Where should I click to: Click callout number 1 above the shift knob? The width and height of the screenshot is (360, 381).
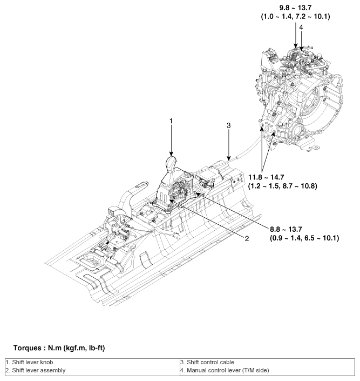coord(171,121)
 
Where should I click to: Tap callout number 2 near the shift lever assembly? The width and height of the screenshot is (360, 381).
coord(245,238)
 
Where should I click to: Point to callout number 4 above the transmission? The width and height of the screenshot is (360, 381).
coord(301,27)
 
